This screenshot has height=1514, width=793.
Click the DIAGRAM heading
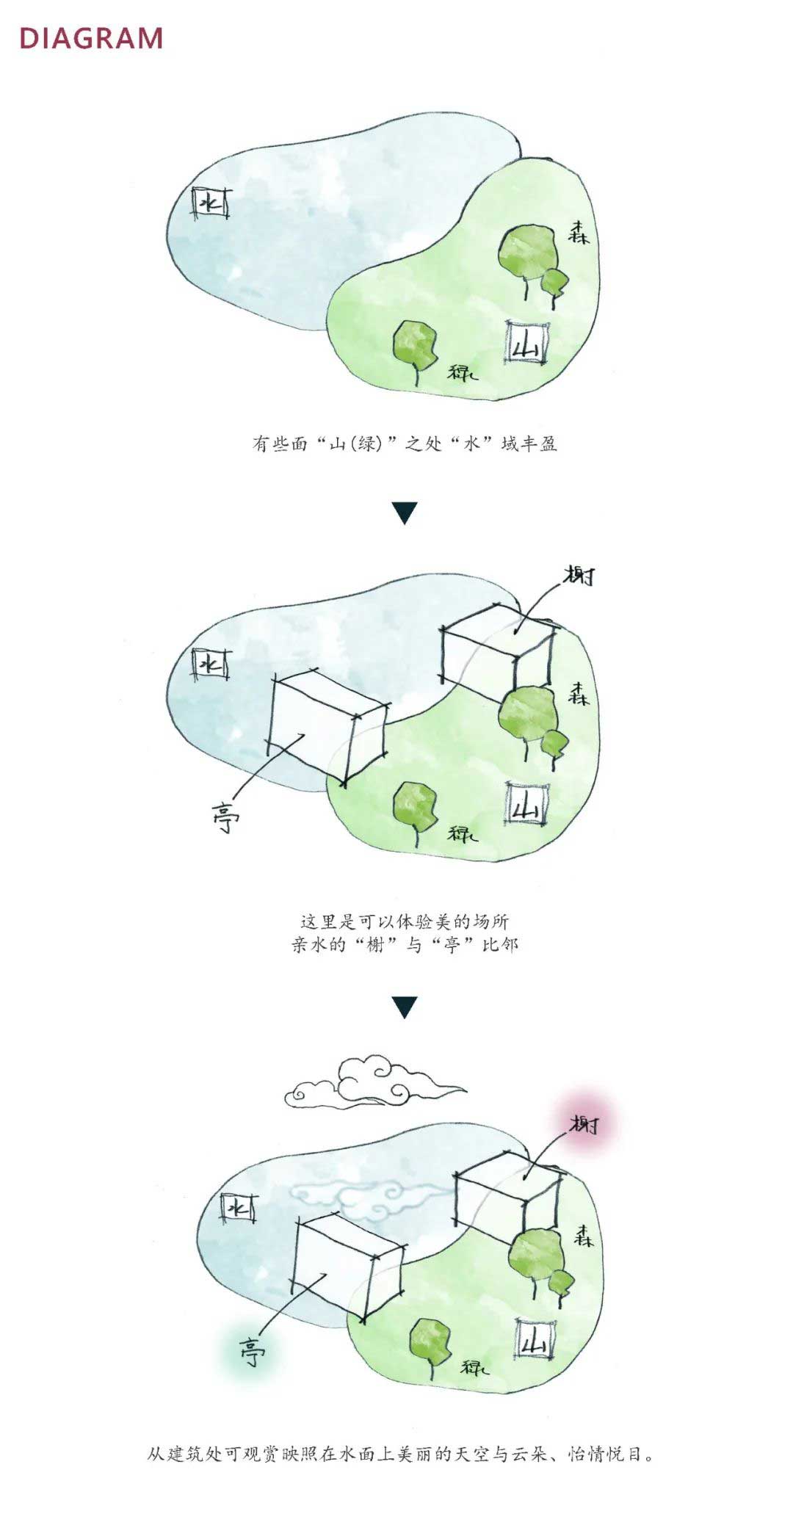click(91, 39)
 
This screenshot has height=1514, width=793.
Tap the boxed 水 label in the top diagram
click(210, 203)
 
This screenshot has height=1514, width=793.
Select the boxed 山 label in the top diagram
click(527, 343)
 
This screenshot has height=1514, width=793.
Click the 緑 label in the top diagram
click(462, 372)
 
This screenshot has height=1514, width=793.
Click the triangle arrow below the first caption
click(405, 512)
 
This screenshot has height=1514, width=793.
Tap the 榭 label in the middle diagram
click(579, 576)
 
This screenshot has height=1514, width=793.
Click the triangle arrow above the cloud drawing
click(405, 1007)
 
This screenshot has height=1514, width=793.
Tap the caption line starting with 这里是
click(405, 921)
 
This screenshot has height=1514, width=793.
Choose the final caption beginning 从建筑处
click(400, 1454)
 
